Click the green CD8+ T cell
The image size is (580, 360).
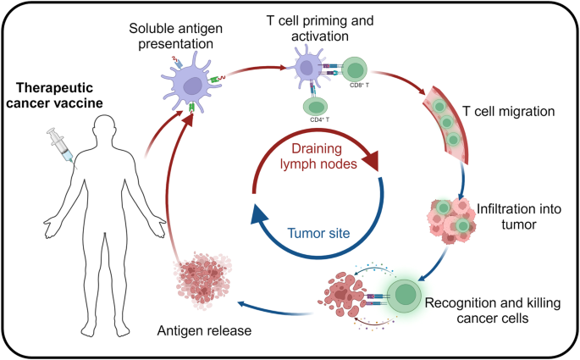pos(355,71)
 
